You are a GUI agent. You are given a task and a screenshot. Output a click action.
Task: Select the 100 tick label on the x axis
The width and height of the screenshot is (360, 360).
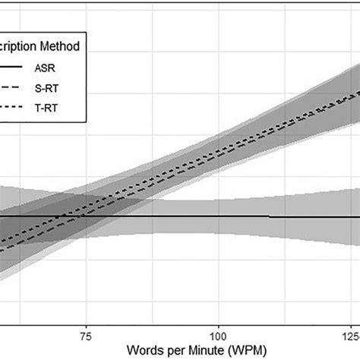coord(219,335)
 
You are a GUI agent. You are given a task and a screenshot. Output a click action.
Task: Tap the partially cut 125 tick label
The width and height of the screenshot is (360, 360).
coord(351,335)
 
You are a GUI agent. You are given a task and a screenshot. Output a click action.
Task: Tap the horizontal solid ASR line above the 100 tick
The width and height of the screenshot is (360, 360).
coord(219,216)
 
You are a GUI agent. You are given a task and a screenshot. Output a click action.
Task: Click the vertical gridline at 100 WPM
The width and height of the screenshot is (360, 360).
coord(219,152)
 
